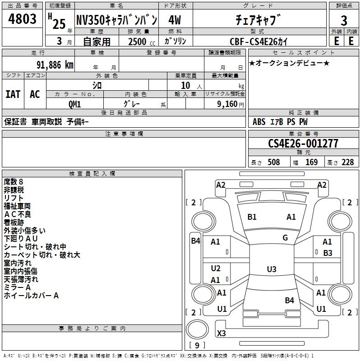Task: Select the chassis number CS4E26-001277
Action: pyautogui.click(x=303, y=143)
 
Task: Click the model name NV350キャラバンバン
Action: pyautogui.click(x=116, y=20)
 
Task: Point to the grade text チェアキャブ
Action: pyautogui.click(x=258, y=20)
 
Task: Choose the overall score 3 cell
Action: pyautogui.click(x=344, y=20)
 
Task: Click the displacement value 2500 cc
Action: pyautogui.click(x=139, y=42)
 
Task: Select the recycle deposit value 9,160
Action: pyautogui.click(x=228, y=104)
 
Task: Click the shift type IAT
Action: pyautogui.click(x=13, y=94)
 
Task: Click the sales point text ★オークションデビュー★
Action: pyautogui.click(x=289, y=63)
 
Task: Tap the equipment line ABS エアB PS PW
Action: pyautogui.click(x=280, y=121)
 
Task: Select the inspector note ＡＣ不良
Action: pyautogui.click(x=18, y=214)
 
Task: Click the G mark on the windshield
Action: pyautogui.click(x=285, y=238)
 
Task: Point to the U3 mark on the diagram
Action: pyautogui.click(x=271, y=269)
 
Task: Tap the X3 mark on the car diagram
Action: pyautogui.click(x=222, y=333)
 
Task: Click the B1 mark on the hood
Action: pyautogui.click(x=252, y=217)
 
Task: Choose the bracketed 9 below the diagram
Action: pyautogui.click(x=197, y=346)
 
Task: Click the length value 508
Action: pyautogui.click(x=273, y=162)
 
